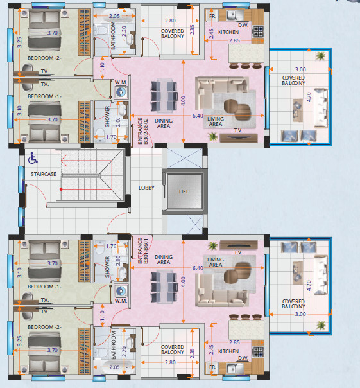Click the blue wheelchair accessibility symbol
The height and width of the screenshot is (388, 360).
33,158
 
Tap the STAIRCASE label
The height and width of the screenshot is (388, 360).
43,174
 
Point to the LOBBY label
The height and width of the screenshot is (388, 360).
146,188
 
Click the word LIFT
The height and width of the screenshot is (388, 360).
184,191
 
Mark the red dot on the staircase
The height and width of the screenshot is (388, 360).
61,190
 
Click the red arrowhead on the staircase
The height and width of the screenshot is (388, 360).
64,161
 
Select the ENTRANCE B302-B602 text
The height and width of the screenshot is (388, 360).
142,131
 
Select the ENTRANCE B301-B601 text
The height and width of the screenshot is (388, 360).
142,251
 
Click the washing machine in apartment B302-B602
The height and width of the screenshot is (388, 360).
121,92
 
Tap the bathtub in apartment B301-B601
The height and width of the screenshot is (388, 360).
114,367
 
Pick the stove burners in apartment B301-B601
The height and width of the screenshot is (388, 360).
258,351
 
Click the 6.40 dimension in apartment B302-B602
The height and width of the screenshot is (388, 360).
198,116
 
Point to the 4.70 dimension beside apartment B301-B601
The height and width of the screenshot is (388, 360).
309,286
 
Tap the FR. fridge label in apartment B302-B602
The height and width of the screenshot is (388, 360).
212,16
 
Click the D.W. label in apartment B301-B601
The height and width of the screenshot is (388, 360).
243,358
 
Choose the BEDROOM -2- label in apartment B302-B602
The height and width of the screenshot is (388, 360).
44,58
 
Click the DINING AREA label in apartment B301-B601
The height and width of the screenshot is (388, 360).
164,260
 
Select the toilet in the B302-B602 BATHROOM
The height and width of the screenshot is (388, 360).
101,30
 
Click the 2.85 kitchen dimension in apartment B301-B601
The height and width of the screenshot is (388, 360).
234,342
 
